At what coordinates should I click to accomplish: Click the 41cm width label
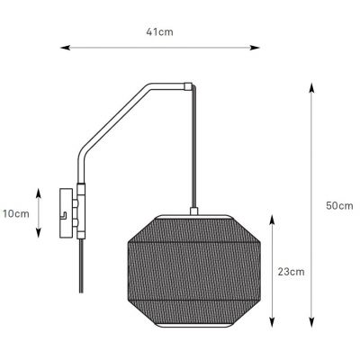[160, 32]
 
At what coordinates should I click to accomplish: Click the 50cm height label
[338, 205]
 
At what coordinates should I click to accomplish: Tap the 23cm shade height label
[290, 271]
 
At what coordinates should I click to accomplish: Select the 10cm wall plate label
[15, 213]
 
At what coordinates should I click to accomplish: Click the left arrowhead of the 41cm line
[61, 47]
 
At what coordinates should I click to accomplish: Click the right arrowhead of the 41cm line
[261, 47]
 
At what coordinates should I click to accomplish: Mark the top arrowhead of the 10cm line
[40, 191]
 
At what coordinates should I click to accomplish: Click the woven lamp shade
[195, 270]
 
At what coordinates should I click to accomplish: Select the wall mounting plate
[65, 213]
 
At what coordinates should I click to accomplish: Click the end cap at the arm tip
[187, 87]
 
